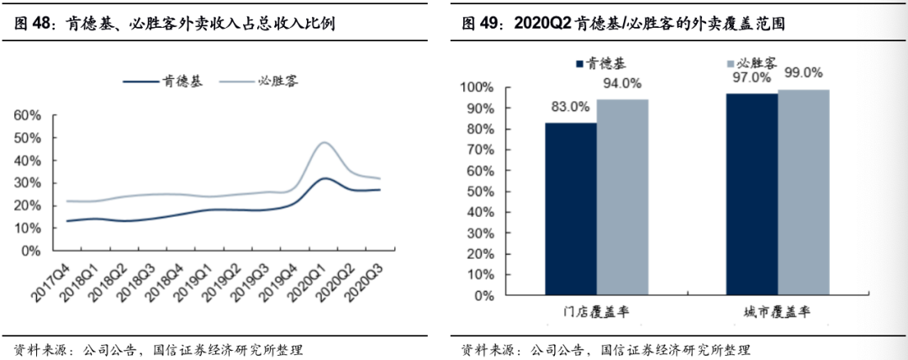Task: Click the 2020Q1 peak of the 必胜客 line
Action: [324, 143]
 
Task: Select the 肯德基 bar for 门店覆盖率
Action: [570, 209]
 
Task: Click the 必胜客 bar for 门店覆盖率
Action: [622, 198]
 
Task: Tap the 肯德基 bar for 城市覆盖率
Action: [752, 194]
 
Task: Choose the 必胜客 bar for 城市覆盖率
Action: [803, 193]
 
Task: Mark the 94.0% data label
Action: [622, 83]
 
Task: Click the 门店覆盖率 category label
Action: [597, 313]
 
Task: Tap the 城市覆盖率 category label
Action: [778, 313]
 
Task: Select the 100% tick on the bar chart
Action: [476, 87]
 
